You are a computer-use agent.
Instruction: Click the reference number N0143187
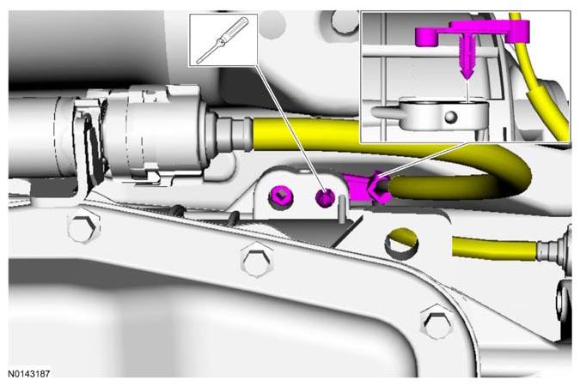tap(29, 374)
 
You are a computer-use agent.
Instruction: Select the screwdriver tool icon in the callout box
tap(223, 40)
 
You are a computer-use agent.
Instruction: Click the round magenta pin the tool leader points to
tap(325, 197)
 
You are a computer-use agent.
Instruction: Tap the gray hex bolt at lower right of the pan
tap(437, 322)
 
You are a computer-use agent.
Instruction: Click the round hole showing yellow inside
tap(401, 244)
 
